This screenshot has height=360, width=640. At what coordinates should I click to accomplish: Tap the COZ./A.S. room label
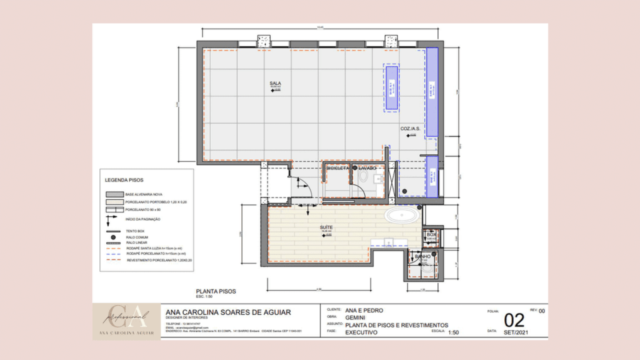click(x=410, y=129)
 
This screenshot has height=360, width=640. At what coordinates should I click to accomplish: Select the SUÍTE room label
click(x=326, y=227)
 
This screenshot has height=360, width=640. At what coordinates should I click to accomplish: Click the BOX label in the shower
click(x=431, y=234)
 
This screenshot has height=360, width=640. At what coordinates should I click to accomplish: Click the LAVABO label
click(x=367, y=168)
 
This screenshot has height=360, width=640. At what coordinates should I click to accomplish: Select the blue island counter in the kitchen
click(x=390, y=87)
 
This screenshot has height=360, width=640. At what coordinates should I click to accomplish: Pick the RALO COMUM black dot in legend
click(x=112, y=237)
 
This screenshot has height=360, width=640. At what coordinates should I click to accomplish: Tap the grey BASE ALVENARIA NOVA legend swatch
click(x=113, y=194)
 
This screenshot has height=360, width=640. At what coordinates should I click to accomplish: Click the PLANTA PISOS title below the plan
click(x=216, y=291)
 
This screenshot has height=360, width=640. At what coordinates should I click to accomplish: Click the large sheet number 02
click(x=514, y=321)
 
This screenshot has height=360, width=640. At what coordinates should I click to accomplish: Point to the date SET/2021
click(x=514, y=332)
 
